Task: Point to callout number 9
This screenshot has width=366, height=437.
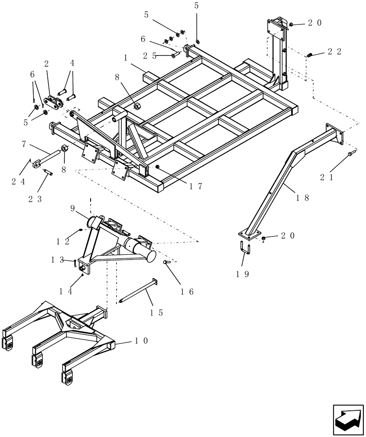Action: [74, 209]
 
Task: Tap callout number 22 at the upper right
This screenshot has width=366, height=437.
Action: [335, 52]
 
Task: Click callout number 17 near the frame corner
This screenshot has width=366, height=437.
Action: [196, 186]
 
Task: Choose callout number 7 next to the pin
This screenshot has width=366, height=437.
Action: [25, 144]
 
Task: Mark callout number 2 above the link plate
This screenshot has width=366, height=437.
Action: [46, 63]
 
